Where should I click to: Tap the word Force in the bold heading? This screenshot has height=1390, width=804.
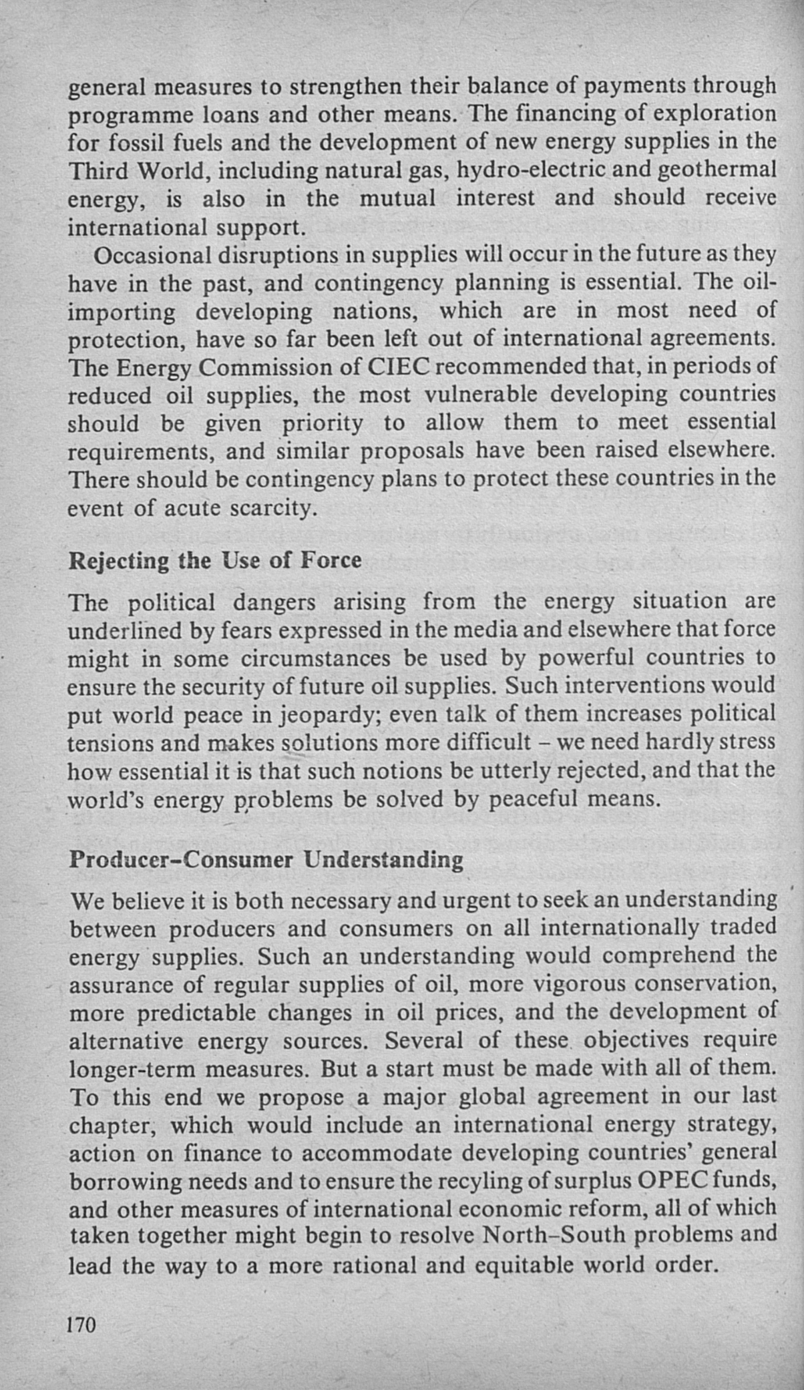(331, 559)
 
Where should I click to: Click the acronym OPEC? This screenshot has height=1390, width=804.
(672, 1180)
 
